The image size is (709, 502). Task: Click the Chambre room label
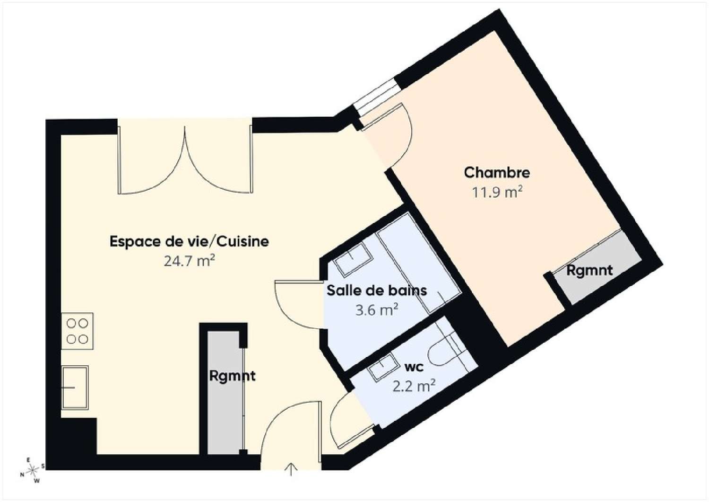497,172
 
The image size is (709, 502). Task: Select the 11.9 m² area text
497,193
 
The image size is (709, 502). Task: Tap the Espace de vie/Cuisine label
189,241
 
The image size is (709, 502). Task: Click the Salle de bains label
377,290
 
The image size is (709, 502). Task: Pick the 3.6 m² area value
376,310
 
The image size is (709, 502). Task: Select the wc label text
414,367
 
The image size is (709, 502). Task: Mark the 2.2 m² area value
414,386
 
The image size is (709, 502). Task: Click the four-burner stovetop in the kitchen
77,331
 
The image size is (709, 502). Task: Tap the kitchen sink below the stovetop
75,387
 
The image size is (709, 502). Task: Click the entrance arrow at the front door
291,468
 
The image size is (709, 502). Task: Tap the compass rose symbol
32,470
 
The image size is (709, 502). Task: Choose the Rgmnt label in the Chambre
589,270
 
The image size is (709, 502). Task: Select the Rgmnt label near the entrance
232,376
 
